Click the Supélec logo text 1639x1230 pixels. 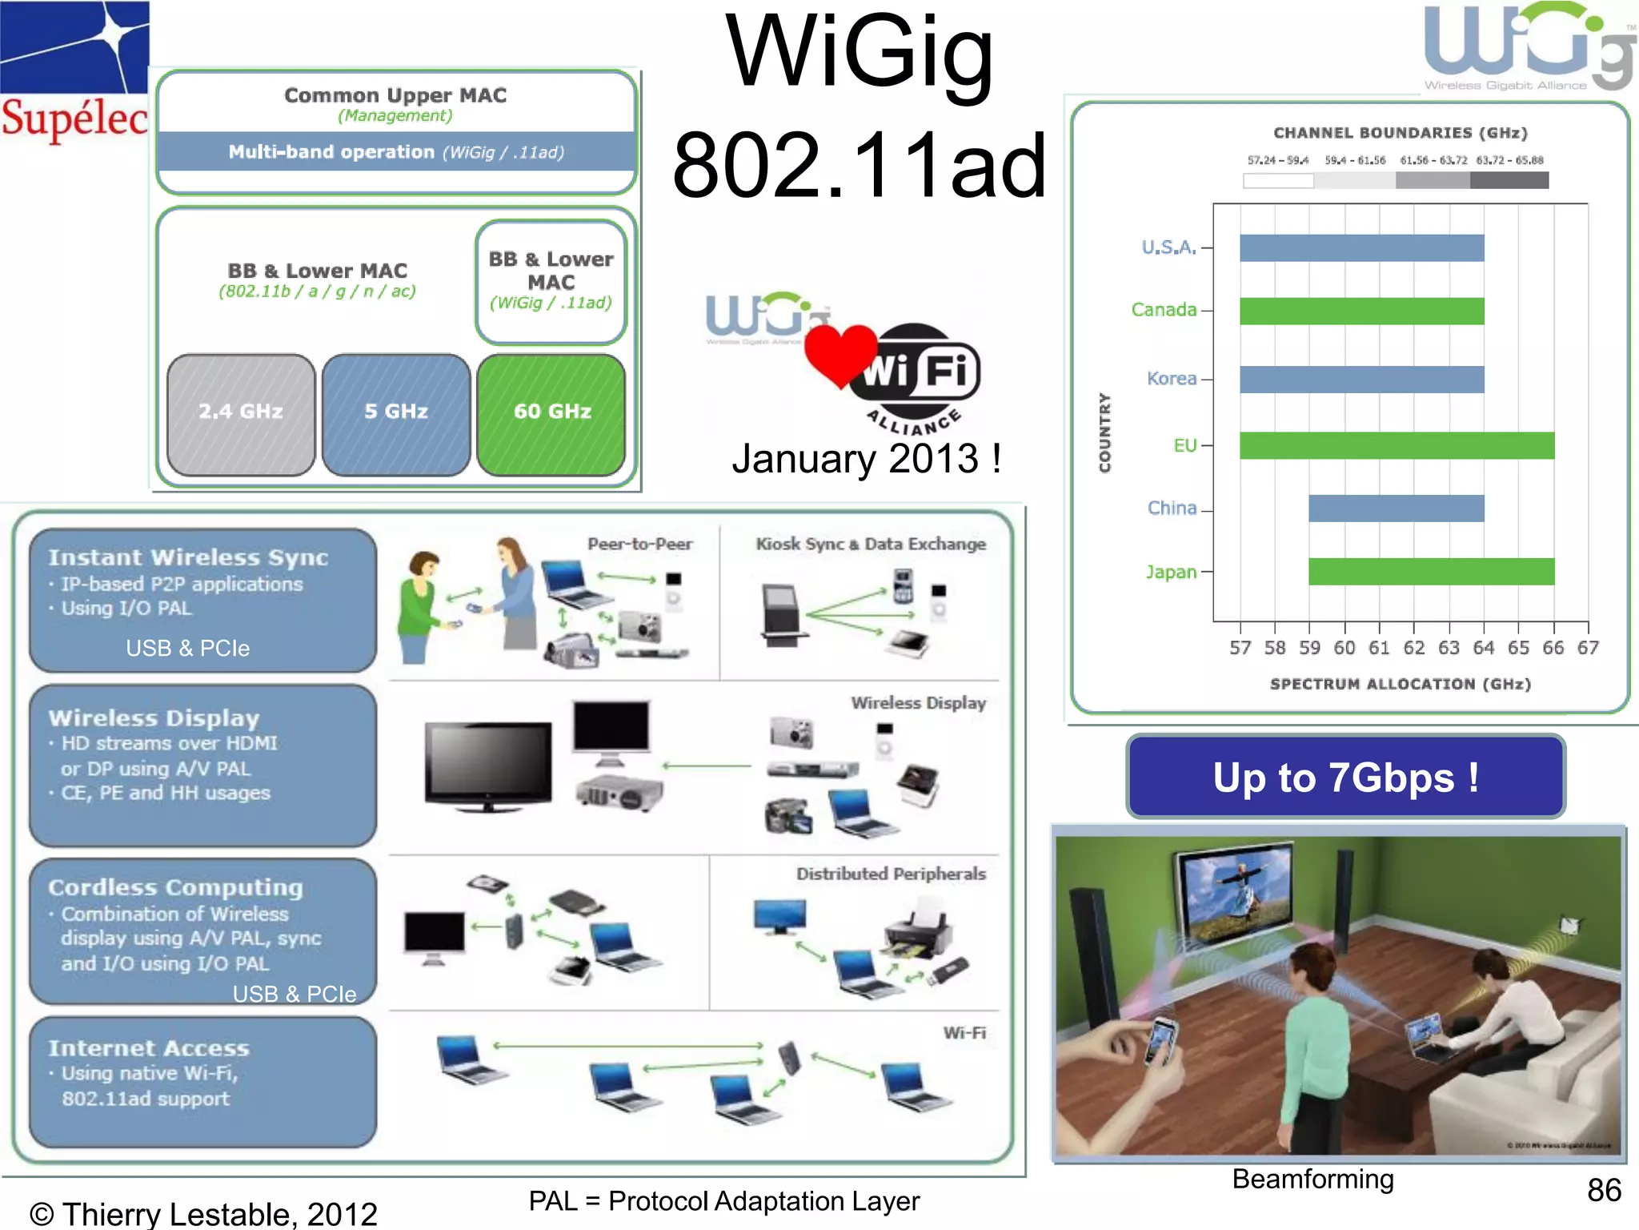click(x=74, y=119)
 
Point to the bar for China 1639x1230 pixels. click(x=1396, y=508)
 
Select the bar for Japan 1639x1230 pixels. click(x=1431, y=572)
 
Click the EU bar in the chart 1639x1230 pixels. click(x=1397, y=446)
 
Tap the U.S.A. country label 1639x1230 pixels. click(x=1168, y=247)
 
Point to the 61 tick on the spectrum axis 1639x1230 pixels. click(x=1379, y=647)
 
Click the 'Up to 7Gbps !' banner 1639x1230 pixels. click(x=1345, y=778)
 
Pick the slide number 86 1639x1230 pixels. click(x=1604, y=1190)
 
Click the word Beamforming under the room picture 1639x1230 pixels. click(x=1312, y=1179)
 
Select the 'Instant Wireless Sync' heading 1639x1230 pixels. click(x=188, y=557)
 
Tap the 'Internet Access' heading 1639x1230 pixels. click(x=149, y=1048)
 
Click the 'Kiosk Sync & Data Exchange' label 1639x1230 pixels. click(x=870, y=545)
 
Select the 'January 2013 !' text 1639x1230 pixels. click(x=866, y=459)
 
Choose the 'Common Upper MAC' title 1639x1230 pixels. click(x=395, y=95)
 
